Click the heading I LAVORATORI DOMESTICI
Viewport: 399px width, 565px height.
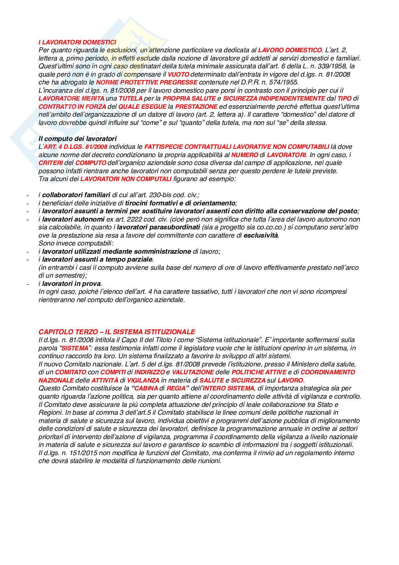click(77, 42)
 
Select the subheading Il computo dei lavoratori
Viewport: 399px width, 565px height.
click(77, 138)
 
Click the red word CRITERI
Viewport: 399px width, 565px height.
click(51, 163)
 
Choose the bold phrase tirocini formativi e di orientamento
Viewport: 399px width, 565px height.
click(180, 203)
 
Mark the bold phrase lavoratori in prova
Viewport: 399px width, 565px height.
click(72, 284)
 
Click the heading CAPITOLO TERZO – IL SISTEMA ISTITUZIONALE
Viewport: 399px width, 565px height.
click(117, 332)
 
